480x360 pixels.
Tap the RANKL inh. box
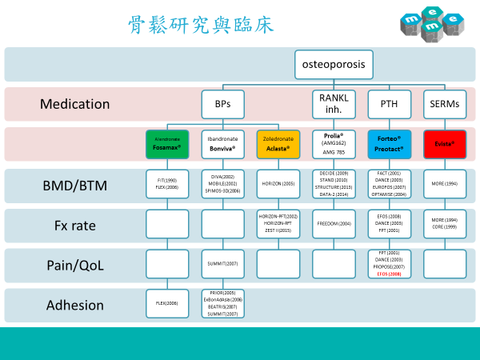tap(334, 104)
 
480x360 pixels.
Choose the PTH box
tap(389, 104)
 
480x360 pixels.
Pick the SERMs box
tap(444, 104)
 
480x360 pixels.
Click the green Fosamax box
tap(167, 144)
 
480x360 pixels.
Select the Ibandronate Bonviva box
tap(223, 144)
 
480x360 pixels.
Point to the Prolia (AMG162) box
tap(334, 144)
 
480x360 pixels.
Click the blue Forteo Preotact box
tap(389, 144)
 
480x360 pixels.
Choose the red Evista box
tap(444, 144)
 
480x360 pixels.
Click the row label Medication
tap(75, 104)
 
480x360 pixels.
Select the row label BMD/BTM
tap(75, 186)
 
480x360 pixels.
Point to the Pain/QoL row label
tap(75, 265)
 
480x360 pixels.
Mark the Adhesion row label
tap(75, 305)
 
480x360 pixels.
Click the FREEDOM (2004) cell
tap(334, 224)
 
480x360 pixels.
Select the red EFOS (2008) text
tap(389, 273)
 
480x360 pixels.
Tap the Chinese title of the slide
tap(201, 24)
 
